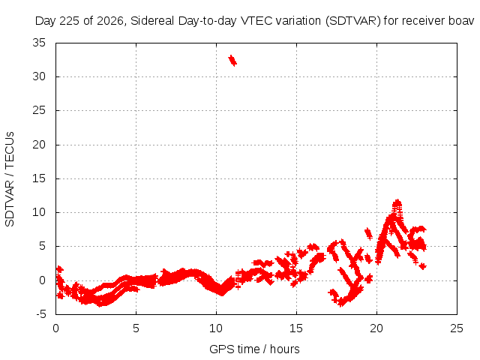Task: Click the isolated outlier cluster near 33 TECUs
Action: tap(232, 60)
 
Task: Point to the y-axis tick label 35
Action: tap(39, 43)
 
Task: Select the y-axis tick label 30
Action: tap(39, 76)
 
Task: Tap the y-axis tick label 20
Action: tap(39, 145)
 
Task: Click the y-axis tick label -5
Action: tap(41, 314)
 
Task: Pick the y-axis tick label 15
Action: tap(39, 178)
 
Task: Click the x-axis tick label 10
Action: tap(216, 328)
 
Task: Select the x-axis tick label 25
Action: tap(457, 328)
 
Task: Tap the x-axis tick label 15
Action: tap(296, 328)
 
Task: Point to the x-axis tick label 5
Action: tap(136, 328)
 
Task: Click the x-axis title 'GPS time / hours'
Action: tap(254, 349)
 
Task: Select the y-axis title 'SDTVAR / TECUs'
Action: tap(10, 179)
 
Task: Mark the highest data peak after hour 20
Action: tap(397, 202)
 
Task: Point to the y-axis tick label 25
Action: tap(39, 110)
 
